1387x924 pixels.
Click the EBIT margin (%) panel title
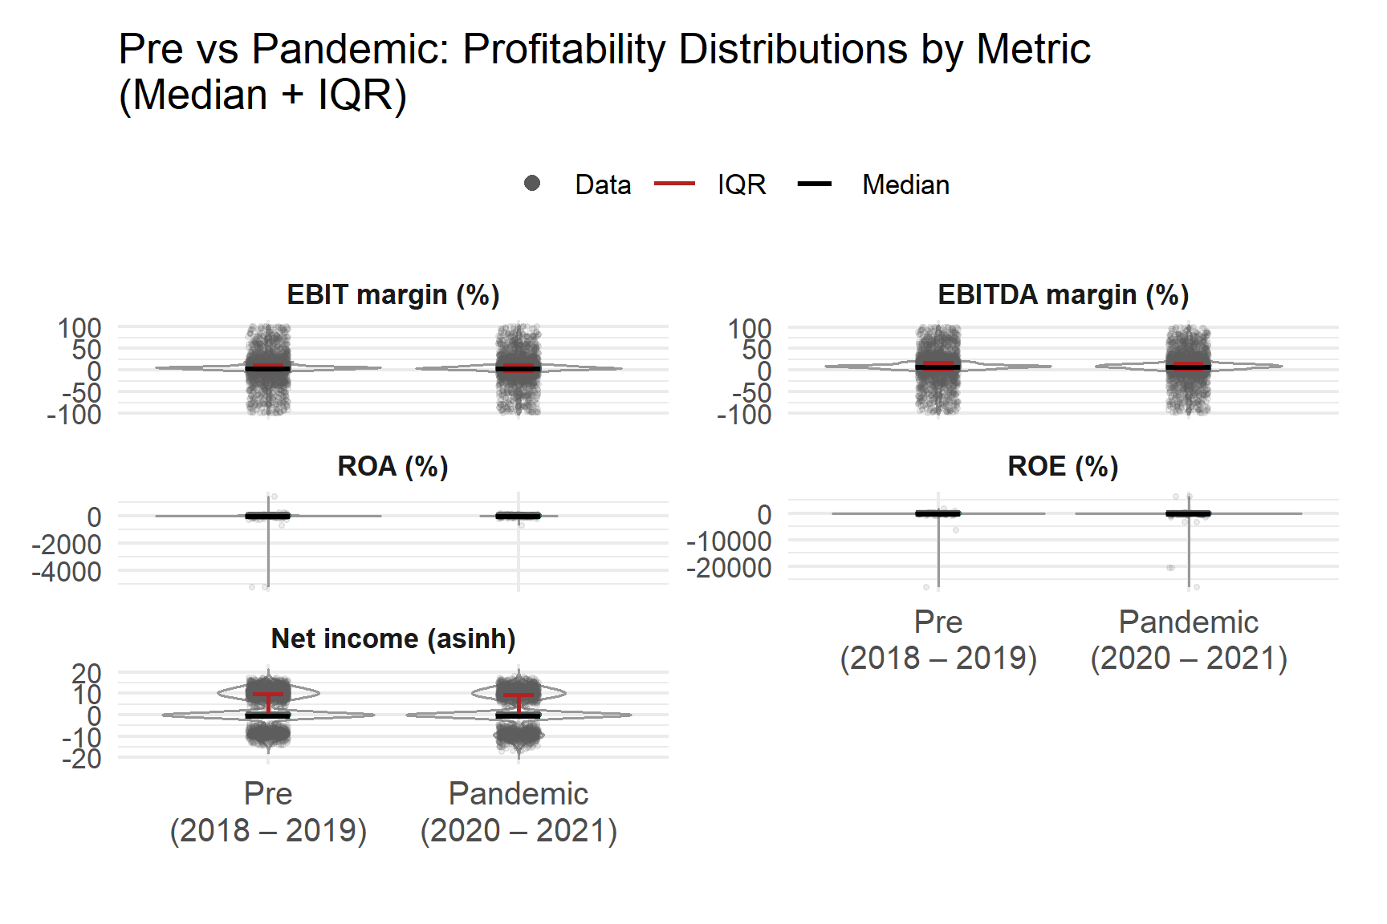pyautogui.click(x=393, y=295)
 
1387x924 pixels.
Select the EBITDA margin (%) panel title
pyautogui.click(x=1063, y=295)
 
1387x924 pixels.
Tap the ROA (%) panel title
pyautogui.click(x=393, y=467)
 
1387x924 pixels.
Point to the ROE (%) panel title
pyautogui.click(x=1063, y=467)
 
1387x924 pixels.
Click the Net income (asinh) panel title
pyautogui.click(x=393, y=639)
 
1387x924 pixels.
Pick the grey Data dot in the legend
pyautogui.click(x=531, y=184)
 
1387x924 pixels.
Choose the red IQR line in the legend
pyautogui.click(x=674, y=184)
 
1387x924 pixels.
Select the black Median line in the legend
pyautogui.click(x=814, y=184)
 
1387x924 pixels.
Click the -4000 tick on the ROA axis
pyautogui.click(x=67, y=572)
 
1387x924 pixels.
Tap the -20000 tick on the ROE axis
pyautogui.click(x=729, y=568)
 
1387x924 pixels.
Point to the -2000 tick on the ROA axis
pyautogui.click(x=67, y=545)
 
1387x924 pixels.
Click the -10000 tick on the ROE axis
pyautogui.click(x=729, y=541)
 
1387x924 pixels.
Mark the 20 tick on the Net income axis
pyautogui.click(x=86, y=673)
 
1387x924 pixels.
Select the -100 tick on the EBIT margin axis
pyautogui.click(x=74, y=415)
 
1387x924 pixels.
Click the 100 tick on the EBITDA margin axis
pyautogui.click(x=749, y=328)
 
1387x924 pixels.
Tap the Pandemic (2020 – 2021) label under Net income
pyautogui.click(x=519, y=812)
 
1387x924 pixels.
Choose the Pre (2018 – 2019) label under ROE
pyautogui.click(x=938, y=640)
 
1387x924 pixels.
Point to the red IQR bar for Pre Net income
pyautogui.click(x=268, y=695)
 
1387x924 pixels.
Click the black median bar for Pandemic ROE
pyautogui.click(x=1188, y=513)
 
